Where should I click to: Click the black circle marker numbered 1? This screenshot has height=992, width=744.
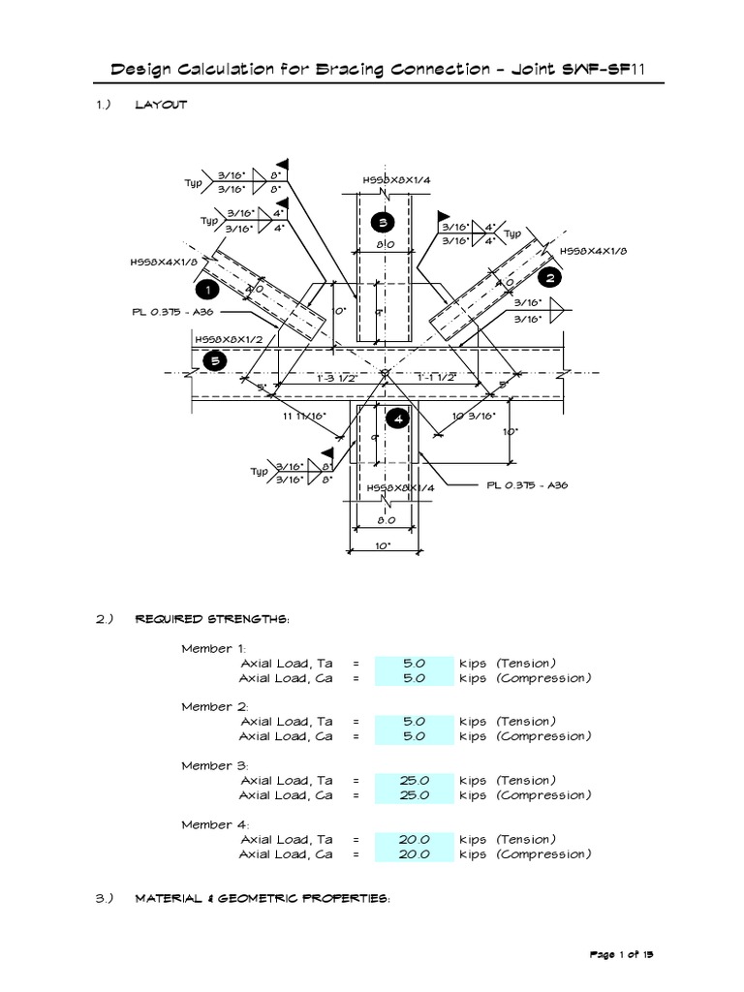(205, 289)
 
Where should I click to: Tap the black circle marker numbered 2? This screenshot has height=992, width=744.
(550, 278)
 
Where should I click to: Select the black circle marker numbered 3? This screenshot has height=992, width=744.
(382, 224)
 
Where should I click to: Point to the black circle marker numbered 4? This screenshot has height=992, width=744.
(396, 418)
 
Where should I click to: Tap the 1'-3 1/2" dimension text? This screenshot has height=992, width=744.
(337, 379)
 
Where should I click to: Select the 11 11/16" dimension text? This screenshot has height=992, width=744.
(304, 416)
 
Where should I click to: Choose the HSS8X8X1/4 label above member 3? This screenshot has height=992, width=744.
(398, 180)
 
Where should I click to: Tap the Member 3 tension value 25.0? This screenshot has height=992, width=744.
(414, 781)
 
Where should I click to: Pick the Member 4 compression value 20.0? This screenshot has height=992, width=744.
(414, 854)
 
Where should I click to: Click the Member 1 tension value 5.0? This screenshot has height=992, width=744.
(414, 664)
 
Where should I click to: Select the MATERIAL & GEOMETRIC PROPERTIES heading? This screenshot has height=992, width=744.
(262, 899)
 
